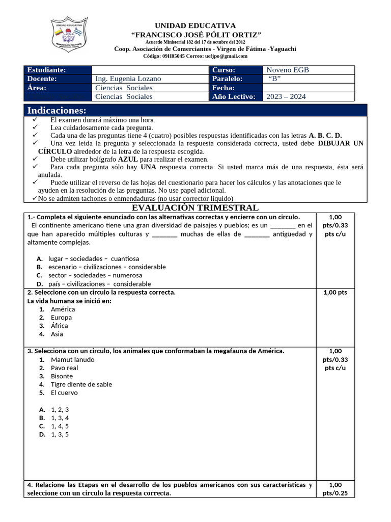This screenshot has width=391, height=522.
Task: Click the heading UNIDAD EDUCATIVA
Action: pos(195,25)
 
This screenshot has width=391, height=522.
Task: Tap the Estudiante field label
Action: pos(46,70)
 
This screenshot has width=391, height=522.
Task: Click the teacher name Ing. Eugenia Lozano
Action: pos(128,79)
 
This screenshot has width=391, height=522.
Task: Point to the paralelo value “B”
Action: pos(274,79)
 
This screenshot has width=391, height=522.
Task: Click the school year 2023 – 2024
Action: pos(286,96)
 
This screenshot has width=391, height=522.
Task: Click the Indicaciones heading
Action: pos(57,111)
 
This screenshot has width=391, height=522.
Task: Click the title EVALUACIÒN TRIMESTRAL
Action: pos(195,207)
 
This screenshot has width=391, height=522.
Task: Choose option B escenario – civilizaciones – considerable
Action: pos(107,267)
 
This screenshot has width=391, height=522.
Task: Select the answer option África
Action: pos(59,326)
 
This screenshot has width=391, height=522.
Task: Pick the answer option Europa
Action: pos(61,318)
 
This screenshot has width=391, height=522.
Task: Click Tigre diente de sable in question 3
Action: pos(81,384)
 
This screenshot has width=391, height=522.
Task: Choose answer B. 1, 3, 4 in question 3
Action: pos(60,418)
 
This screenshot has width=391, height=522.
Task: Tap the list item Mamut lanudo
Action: pos(73,359)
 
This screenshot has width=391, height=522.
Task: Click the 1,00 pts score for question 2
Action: pos(335,293)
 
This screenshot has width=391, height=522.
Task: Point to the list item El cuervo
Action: pos(65,393)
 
